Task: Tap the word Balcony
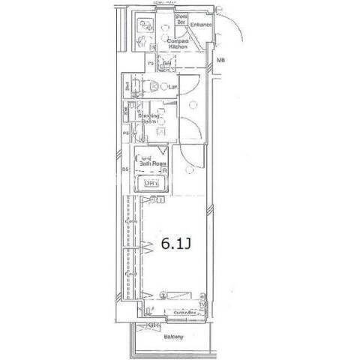(x=174, y=337)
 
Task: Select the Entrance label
(x=202, y=25)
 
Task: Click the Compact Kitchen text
(x=178, y=43)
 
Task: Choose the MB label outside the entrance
(x=221, y=60)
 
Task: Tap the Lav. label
(x=172, y=87)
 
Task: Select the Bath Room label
(x=152, y=163)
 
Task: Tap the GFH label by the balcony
(x=154, y=325)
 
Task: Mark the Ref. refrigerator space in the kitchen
(x=167, y=63)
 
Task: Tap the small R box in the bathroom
(x=163, y=170)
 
